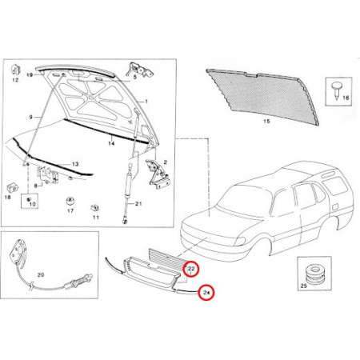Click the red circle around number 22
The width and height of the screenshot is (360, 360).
pyautogui.click(x=191, y=269)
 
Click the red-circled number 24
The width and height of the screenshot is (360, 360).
pyautogui.click(x=206, y=293)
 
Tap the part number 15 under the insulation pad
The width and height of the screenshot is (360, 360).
pyautogui.click(x=266, y=122)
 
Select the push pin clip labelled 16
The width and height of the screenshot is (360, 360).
pyautogui.click(x=336, y=90)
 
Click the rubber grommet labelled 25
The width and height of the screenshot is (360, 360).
pyautogui.click(x=315, y=274)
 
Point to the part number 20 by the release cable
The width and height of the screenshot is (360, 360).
pyautogui.click(x=41, y=274)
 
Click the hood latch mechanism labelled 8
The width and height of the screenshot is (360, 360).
pyautogui.click(x=48, y=174)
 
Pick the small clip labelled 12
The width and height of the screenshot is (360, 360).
pyautogui.click(x=15, y=70)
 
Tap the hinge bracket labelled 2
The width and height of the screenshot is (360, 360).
pyautogui.click(x=158, y=174)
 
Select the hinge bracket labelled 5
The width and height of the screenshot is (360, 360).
pyautogui.click(x=139, y=70)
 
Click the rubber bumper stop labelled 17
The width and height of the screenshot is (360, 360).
pyautogui.click(x=70, y=201)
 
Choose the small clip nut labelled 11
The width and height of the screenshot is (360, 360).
pyautogui.click(x=94, y=208)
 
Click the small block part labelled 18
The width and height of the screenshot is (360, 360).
pyautogui.click(x=12, y=187)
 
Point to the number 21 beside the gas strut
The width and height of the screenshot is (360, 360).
pyautogui.click(x=138, y=204)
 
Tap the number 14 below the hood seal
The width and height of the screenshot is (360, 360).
pyautogui.click(x=111, y=143)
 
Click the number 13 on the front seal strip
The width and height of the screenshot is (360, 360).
pyautogui.click(x=75, y=164)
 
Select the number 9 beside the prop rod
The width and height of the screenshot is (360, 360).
pyautogui.click(x=30, y=117)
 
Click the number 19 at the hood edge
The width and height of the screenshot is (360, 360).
pyautogui.click(x=30, y=75)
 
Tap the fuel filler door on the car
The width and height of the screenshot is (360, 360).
pyautogui.click(x=334, y=206)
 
